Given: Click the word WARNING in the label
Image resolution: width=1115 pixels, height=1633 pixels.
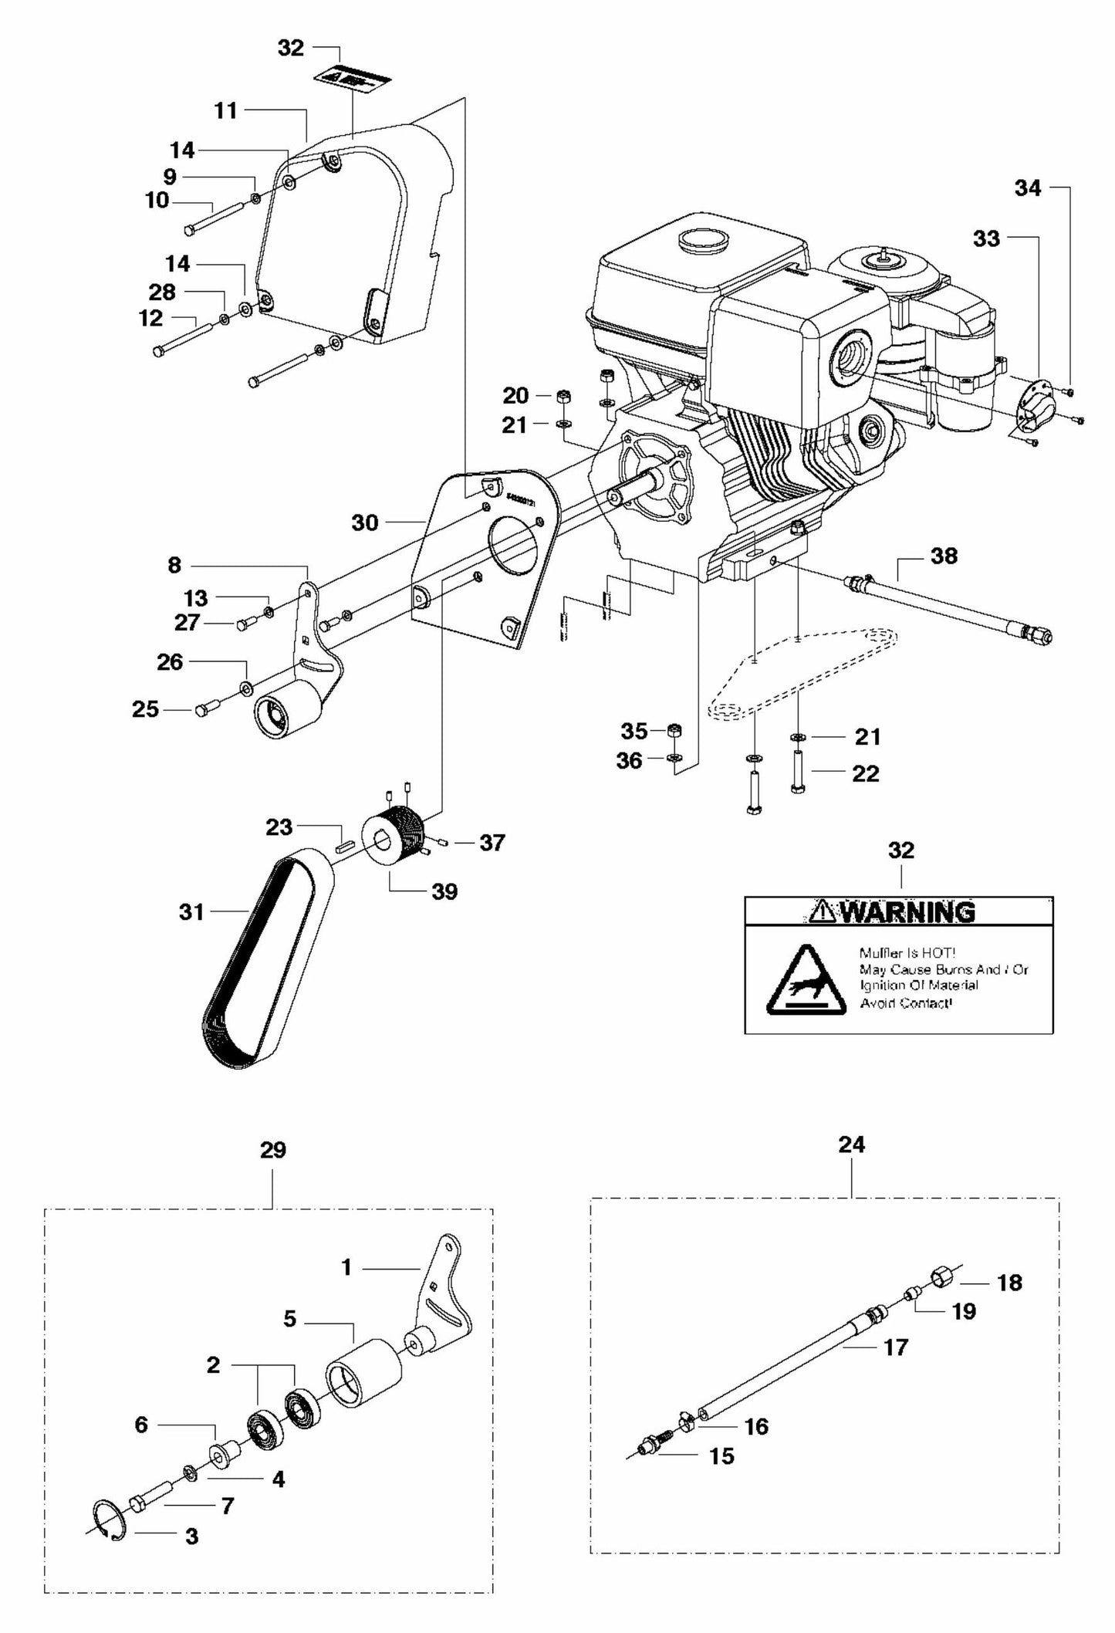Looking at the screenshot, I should coord(907,912).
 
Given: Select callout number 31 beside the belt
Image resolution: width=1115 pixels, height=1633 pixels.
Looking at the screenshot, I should coord(191,912).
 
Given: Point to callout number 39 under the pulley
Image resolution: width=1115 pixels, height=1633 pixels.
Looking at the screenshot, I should coord(444,891).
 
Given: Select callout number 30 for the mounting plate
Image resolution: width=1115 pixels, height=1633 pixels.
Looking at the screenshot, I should coord(365,522).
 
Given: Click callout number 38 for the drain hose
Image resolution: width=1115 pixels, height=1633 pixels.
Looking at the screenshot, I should coord(944,556).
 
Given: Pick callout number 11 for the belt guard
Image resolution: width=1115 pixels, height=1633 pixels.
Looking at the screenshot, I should coord(226,111).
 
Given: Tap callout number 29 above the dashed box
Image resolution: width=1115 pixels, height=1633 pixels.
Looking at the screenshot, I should coord(273,1171).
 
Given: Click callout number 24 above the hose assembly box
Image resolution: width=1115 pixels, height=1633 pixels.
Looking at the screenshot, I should coord(852,1166).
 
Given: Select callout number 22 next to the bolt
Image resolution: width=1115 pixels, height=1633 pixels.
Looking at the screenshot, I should coord(865,773).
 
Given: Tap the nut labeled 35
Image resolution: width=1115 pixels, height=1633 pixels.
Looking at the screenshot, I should coord(673,729).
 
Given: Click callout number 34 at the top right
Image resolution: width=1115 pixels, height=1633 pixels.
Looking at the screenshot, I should coord(1027,188).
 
